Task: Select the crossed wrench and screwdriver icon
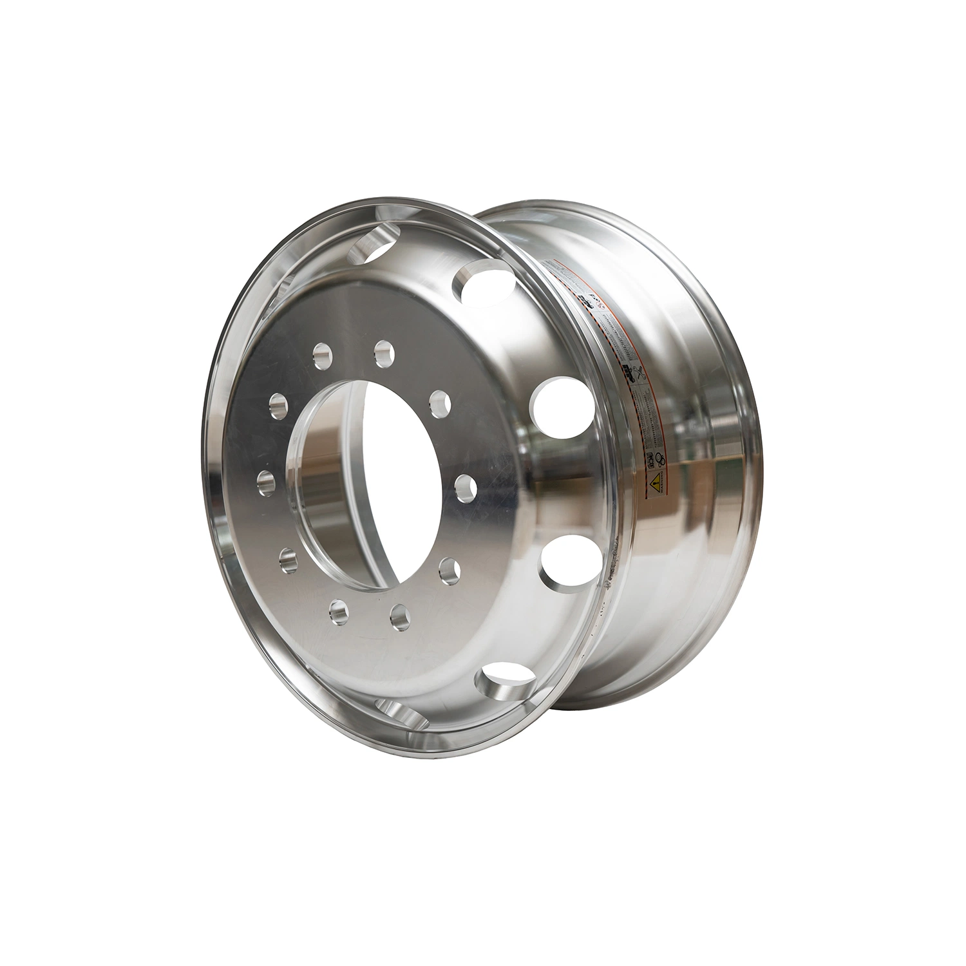tap(639, 372)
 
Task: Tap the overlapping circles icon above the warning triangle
tap(660, 460)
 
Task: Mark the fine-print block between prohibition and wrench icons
tap(621, 338)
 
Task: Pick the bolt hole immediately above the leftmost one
tap(278, 406)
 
